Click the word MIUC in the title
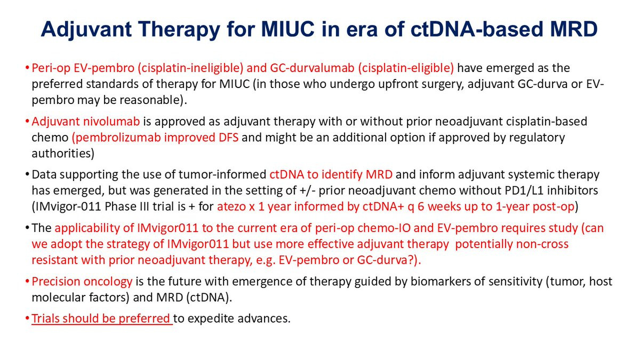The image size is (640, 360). (287, 29)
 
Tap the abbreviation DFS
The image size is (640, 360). (229, 138)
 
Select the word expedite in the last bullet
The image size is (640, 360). (211, 319)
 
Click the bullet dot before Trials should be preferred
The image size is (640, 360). (27, 318)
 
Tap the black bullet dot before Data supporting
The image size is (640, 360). (27, 174)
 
